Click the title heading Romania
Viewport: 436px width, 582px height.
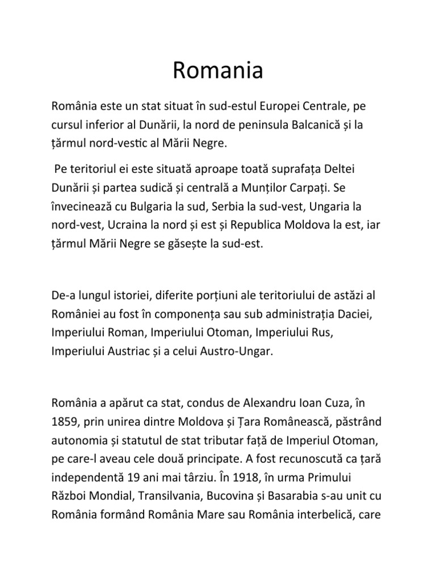pos(218,72)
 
